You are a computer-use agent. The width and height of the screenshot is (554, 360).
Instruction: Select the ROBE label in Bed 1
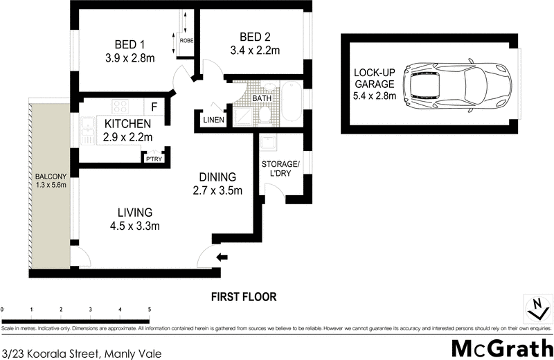[186, 41]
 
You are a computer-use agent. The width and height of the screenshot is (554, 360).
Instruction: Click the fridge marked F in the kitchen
[154, 107]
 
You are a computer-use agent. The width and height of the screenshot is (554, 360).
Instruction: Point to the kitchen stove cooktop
[120, 107]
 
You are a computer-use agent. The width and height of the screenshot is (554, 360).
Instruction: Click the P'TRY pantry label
[152, 159]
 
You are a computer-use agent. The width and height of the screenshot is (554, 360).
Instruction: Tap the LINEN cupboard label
[213, 120]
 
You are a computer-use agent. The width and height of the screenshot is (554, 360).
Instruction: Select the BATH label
[262, 99]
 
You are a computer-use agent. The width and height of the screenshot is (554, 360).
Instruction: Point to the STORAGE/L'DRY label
[280, 168]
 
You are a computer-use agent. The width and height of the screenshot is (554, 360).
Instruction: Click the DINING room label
[217, 177]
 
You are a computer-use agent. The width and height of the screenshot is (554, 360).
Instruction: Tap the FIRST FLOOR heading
[243, 297]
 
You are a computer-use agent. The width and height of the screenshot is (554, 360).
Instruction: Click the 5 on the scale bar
[149, 309]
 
